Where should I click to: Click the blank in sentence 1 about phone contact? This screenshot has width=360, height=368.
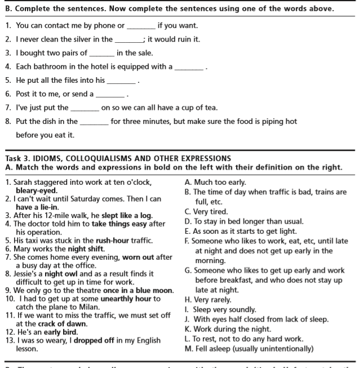click(141, 26)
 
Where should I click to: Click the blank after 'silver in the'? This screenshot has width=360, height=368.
click(128, 40)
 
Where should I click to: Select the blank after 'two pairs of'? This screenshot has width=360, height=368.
click(101, 54)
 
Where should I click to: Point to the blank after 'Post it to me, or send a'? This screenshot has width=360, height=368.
click(110, 95)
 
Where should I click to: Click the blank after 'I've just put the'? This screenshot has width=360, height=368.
click(85, 108)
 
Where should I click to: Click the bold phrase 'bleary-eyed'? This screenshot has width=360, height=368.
click(37, 190)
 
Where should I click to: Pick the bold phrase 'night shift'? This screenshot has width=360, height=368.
click(86, 249)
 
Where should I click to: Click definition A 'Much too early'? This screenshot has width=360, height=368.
click(219, 183)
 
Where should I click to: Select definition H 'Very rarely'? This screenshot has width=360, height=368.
click(212, 300)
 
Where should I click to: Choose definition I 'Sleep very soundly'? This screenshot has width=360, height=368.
click(224, 309)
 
